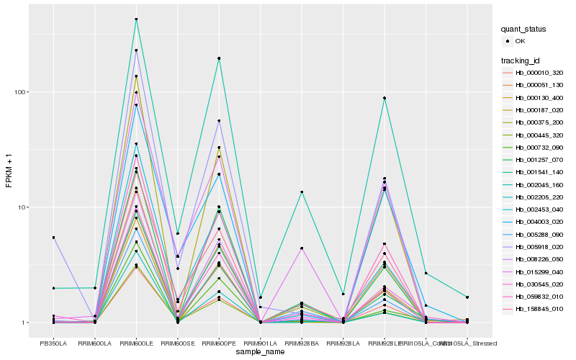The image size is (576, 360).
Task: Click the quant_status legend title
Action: click(x=525, y=29)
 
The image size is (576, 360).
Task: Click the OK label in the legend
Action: click(x=520, y=41)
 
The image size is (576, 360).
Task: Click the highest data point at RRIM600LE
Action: click(x=136, y=19)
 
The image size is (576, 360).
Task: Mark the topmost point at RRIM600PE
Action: click(x=219, y=58)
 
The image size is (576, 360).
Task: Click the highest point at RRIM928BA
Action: click(x=302, y=192)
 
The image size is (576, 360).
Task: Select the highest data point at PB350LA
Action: click(x=53, y=238)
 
